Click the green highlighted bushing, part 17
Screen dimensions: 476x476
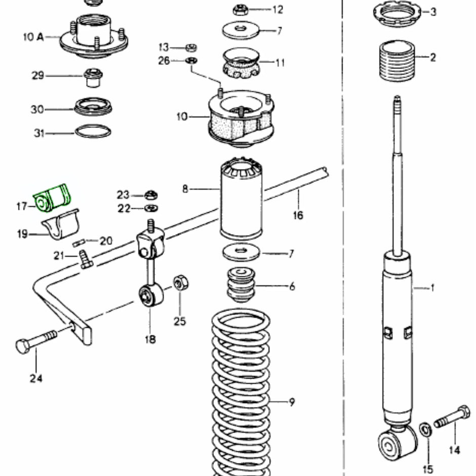click(x=52, y=198)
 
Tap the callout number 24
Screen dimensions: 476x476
click(x=35, y=378)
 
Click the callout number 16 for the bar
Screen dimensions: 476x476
click(x=298, y=215)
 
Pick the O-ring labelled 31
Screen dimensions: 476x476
click(x=93, y=133)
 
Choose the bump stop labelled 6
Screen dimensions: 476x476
click(x=241, y=287)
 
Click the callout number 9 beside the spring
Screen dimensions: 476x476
click(x=292, y=403)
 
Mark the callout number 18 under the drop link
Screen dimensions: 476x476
click(x=150, y=339)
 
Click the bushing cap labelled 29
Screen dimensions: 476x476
click(x=93, y=77)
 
